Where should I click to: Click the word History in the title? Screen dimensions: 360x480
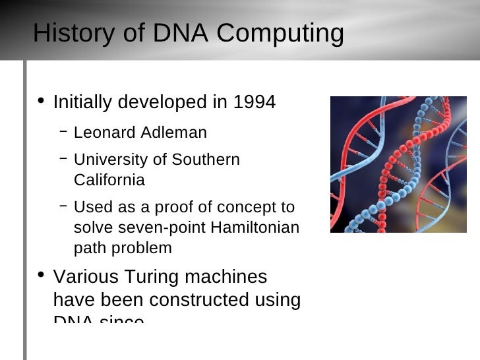coord(72,34)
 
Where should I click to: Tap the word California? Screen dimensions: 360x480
coord(109,180)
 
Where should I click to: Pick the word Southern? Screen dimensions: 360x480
coord(206,160)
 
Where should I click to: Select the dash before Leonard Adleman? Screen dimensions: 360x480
coord(63,131)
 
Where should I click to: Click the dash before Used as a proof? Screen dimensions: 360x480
coord(63,205)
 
